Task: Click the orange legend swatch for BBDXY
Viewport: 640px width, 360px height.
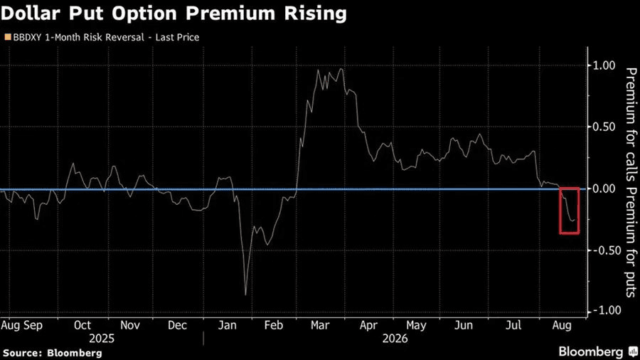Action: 8,37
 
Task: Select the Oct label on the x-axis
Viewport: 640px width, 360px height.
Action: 82,325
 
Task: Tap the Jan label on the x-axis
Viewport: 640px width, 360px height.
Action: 227,325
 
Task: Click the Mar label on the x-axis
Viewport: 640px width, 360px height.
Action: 320,325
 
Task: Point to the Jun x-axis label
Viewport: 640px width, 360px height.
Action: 464,325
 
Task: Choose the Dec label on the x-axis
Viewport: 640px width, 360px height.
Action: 177,325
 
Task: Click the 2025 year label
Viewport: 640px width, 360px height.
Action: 102,339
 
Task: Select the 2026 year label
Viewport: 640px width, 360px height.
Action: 395,339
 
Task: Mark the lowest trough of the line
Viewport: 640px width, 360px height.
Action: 245,295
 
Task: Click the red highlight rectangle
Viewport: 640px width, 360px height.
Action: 560,211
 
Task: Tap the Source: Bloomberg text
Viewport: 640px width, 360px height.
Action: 52,353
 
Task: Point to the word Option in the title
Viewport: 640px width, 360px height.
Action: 144,14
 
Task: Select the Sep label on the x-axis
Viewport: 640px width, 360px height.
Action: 33,326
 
